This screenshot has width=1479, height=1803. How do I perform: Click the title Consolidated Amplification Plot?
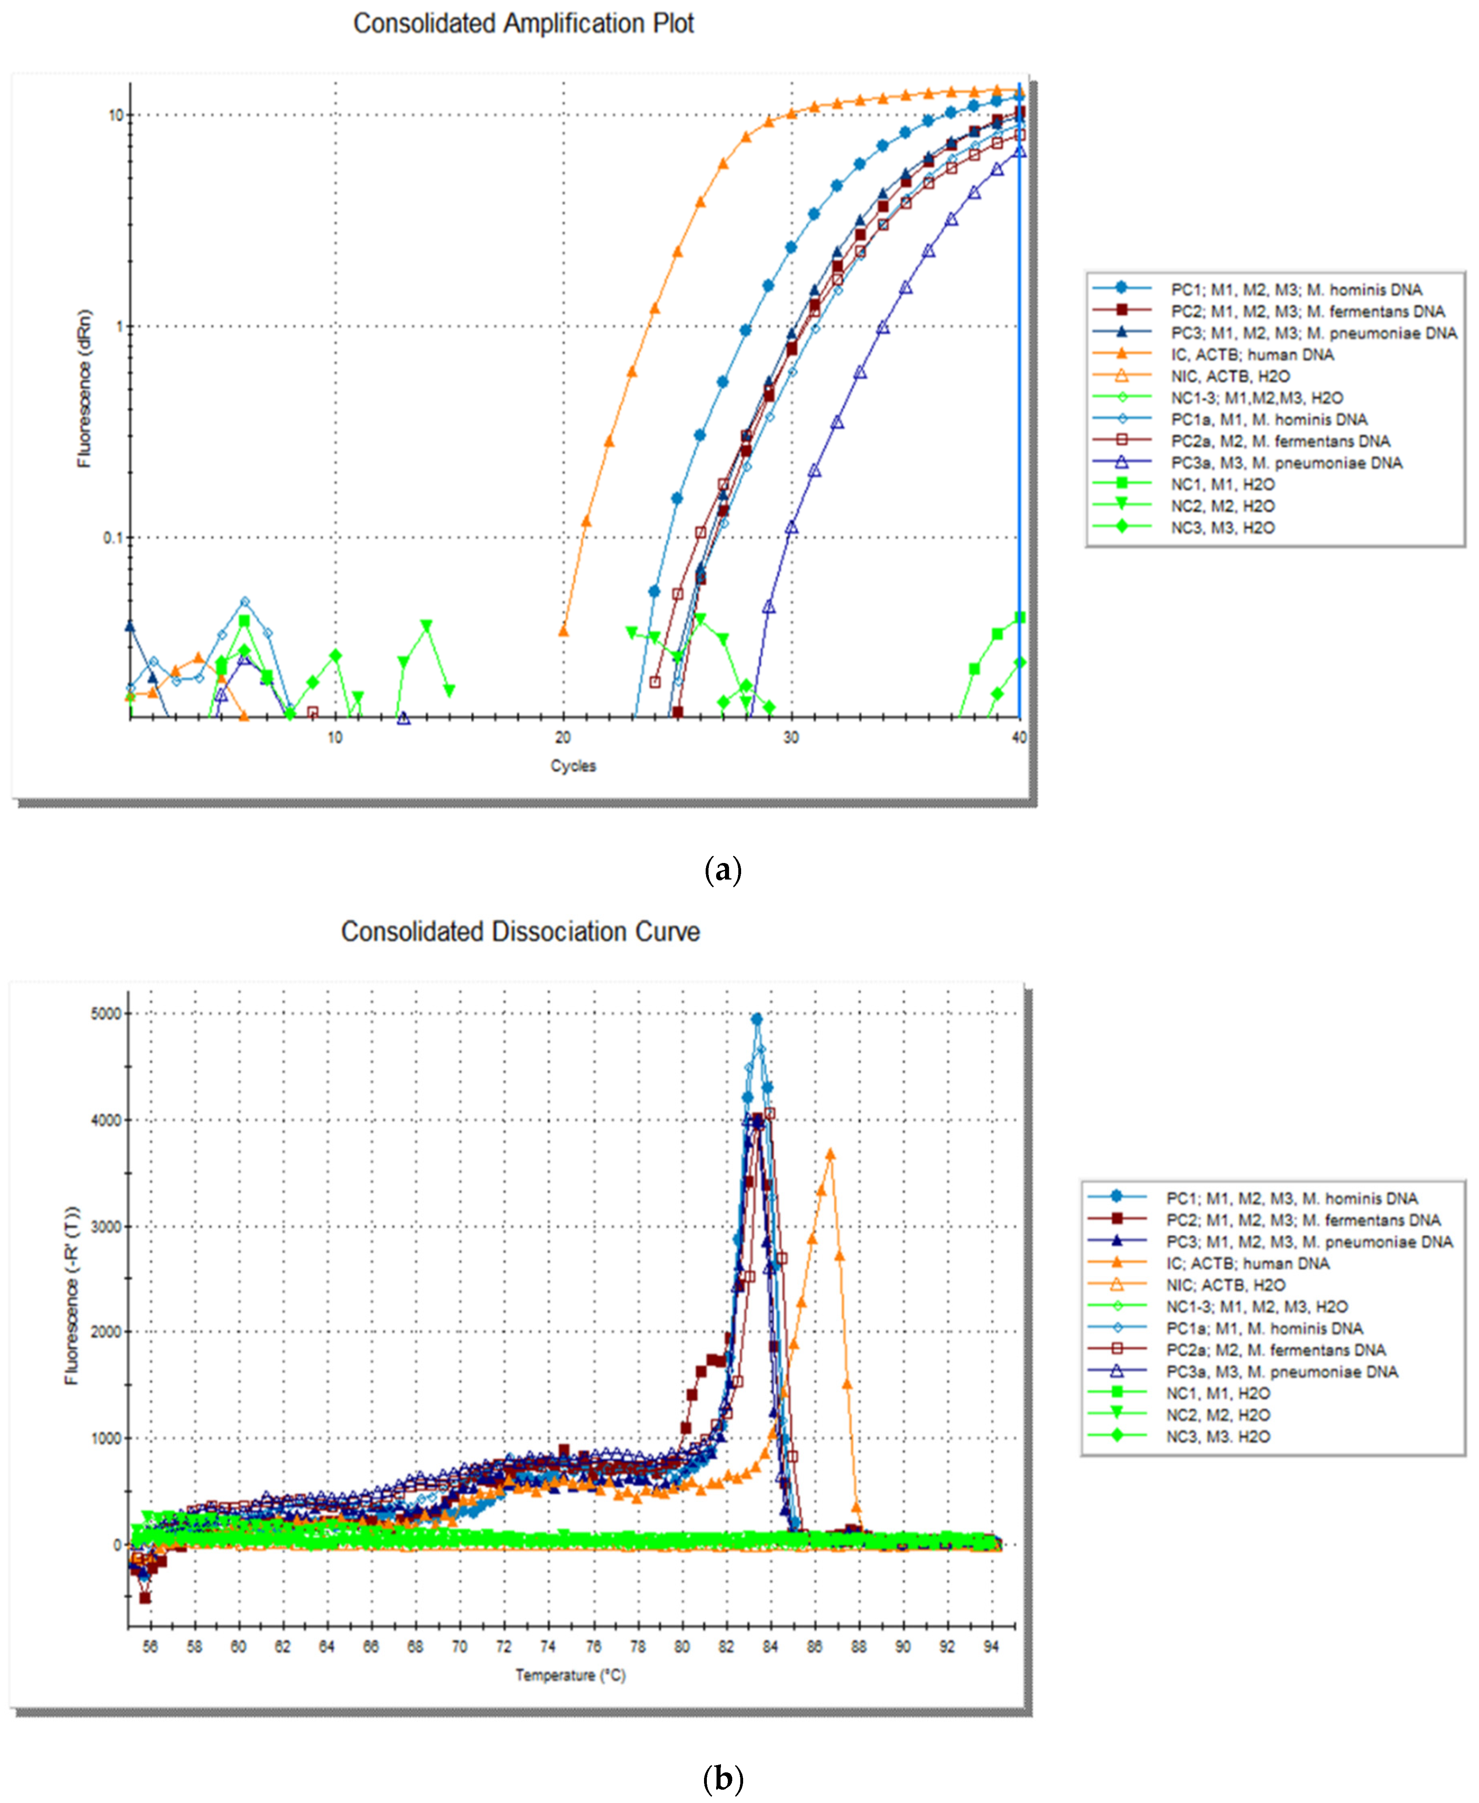[523, 24]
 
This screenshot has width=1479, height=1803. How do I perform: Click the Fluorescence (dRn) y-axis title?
[83, 388]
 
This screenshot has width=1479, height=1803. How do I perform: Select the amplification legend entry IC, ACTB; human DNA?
[1252, 354]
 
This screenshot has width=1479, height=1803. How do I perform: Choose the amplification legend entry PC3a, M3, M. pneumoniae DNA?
[1286, 463]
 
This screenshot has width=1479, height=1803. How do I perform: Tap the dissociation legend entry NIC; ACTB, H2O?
[1225, 1285]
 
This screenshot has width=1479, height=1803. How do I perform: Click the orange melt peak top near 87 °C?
[831, 1154]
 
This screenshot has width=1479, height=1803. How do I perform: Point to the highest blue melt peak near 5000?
[756, 1019]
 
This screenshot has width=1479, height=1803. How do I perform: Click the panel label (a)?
[723, 870]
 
